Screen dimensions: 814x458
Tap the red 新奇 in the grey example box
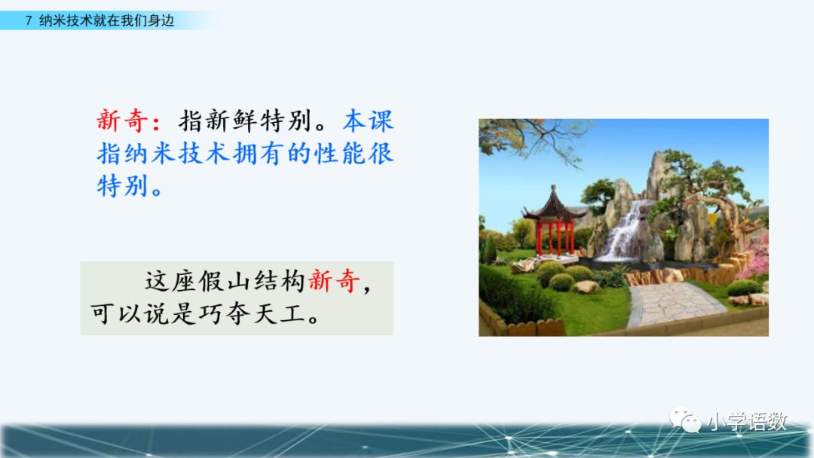tap(333, 281)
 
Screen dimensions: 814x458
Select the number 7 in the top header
tap(29, 21)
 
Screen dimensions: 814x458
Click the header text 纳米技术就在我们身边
tap(106, 21)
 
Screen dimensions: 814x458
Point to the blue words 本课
tap(368, 121)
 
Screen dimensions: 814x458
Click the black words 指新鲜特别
tap(244, 121)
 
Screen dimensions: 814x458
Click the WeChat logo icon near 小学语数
tap(684, 420)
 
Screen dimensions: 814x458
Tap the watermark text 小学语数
tap(746, 421)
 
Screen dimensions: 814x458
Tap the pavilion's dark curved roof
tap(554, 205)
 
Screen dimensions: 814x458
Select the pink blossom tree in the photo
tap(755, 258)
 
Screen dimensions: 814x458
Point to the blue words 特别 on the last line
tap(123, 186)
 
